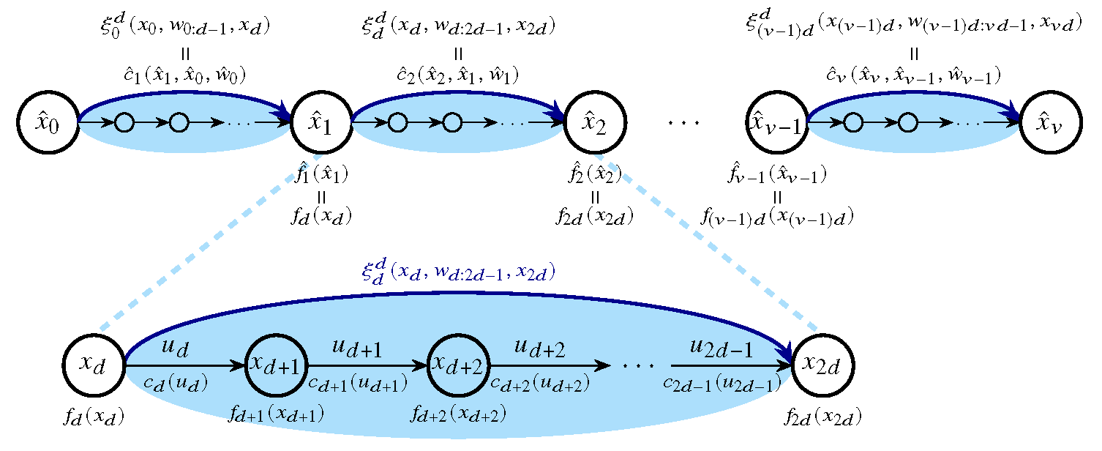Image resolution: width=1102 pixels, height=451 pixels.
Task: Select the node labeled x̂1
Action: click(321, 123)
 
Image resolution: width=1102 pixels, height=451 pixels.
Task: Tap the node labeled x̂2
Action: click(594, 123)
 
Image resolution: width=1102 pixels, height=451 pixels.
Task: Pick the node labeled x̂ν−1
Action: click(777, 123)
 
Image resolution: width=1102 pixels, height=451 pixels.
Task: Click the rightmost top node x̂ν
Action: click(1051, 123)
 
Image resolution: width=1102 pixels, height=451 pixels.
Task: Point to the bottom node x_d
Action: click(94, 364)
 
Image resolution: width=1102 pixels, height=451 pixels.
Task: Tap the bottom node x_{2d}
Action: click(822, 364)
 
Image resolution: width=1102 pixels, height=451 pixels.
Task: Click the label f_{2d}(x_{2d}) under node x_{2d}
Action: click(822, 418)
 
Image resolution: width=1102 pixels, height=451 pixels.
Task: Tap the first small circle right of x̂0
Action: click(124, 123)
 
